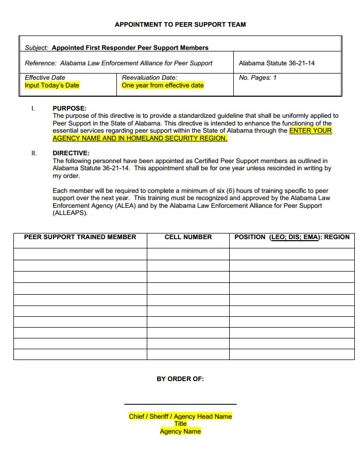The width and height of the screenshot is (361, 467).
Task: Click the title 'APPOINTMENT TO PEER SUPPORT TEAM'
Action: click(180, 24)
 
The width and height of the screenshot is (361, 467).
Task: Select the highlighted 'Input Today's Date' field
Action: click(52, 85)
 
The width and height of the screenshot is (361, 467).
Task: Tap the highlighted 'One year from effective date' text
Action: click(163, 85)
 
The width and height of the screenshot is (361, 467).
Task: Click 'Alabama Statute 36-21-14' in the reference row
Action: click(277, 63)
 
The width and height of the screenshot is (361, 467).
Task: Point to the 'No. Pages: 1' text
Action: click(257, 78)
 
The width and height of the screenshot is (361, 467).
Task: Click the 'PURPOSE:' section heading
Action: click(70, 109)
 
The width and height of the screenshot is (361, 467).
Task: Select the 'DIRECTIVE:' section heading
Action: click(71, 153)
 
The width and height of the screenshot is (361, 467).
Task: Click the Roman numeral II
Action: click(34, 153)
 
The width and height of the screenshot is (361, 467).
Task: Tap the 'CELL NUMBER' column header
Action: click(188, 237)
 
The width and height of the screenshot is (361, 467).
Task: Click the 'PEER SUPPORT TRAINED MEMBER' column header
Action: click(80, 237)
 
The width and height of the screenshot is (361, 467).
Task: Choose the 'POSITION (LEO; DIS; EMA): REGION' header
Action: click(291, 237)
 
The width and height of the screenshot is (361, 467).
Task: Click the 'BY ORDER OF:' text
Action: click(180, 379)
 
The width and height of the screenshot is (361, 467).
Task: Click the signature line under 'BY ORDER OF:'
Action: click(180, 404)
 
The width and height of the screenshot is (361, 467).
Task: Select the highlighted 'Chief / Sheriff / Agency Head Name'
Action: click(180, 417)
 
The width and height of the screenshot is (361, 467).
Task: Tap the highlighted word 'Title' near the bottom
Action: click(180, 424)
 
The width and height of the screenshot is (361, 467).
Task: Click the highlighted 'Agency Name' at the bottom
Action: click(180, 432)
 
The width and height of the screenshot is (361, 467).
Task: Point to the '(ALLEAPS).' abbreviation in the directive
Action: click(70, 213)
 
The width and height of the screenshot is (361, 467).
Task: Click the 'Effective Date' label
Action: click(45, 78)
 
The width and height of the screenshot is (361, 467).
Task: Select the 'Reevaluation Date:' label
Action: click(149, 78)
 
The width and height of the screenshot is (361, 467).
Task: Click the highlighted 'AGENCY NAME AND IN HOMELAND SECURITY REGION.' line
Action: click(140, 138)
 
